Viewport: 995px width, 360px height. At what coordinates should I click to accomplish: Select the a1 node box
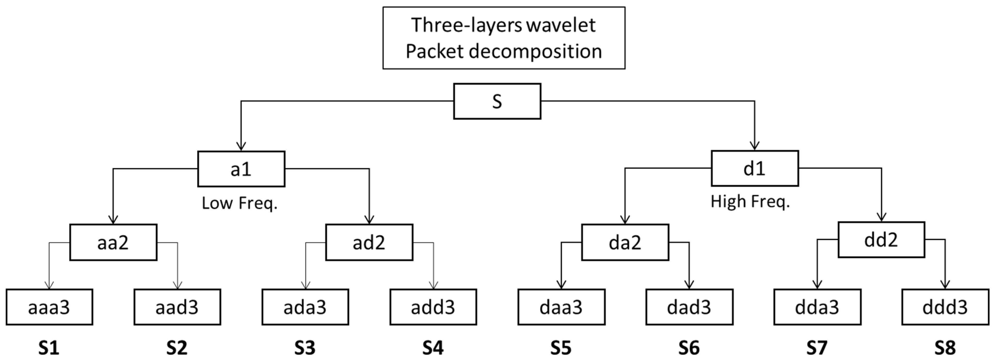pyautogui.click(x=241, y=169)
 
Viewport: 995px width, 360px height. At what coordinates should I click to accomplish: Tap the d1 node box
pyautogui.click(x=755, y=168)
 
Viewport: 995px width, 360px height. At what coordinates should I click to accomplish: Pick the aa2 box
pyautogui.click(x=113, y=242)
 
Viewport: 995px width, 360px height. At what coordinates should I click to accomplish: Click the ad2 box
pyautogui.click(x=369, y=242)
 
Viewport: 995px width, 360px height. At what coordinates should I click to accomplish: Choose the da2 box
pyautogui.click(x=625, y=242)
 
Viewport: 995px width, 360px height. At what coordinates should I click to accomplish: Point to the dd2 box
pyautogui.click(x=881, y=239)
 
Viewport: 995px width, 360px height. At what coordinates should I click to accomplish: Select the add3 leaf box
pyautogui.click(x=433, y=307)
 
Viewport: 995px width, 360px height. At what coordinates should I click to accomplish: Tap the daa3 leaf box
pyautogui.click(x=561, y=307)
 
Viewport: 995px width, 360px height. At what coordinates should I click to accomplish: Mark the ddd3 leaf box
pyautogui.click(x=945, y=307)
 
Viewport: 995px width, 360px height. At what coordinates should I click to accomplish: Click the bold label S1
pyautogui.click(x=49, y=348)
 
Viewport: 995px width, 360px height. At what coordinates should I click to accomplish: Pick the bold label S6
pyautogui.click(x=689, y=348)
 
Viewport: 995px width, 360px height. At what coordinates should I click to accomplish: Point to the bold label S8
pyautogui.click(x=945, y=348)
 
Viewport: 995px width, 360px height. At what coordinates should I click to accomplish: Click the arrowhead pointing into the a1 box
pyautogui.click(x=241, y=146)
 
